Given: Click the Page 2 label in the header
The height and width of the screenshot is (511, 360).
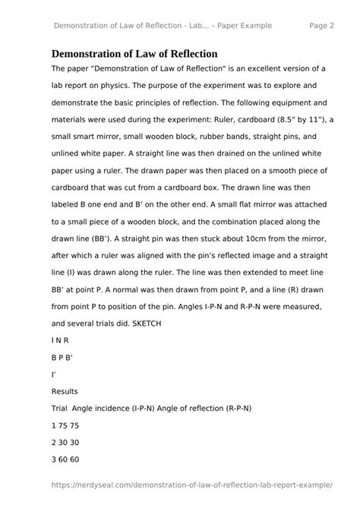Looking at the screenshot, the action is pyautogui.click(x=322, y=26).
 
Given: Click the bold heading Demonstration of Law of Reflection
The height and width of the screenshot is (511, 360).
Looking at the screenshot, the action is pyautogui.click(x=134, y=54).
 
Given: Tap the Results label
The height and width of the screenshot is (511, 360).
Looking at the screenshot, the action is pyautogui.click(x=65, y=391).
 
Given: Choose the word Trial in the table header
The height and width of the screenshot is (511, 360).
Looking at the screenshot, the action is pyautogui.click(x=60, y=408).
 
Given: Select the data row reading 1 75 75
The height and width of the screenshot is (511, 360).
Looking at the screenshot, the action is pyautogui.click(x=65, y=425).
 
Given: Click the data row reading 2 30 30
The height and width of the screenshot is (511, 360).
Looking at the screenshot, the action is pyautogui.click(x=65, y=442).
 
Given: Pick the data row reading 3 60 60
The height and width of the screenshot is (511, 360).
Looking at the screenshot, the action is pyautogui.click(x=65, y=459).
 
